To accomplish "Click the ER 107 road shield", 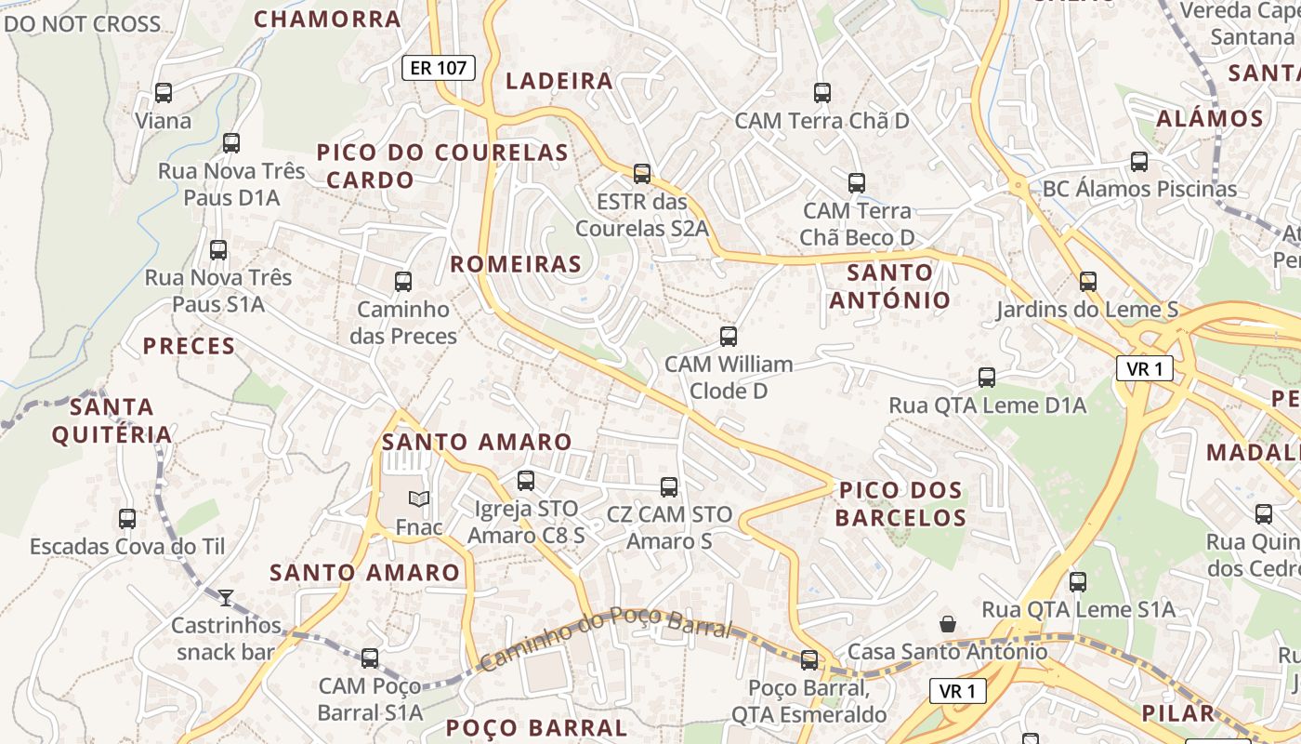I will [439, 67].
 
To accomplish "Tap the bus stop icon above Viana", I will [164, 93].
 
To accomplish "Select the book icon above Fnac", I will [419, 499].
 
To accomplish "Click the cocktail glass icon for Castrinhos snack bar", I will [226, 597].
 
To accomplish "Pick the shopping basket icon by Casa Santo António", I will [948, 623].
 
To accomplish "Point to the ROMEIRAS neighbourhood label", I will [516, 264].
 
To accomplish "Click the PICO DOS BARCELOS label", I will [900, 503].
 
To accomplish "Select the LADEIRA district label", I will [559, 81].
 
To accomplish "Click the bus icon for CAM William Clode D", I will [729, 336].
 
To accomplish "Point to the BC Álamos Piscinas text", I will [1139, 189].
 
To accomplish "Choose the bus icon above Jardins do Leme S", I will [1088, 281].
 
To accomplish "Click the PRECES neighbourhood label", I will [189, 346].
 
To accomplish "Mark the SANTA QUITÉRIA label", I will [112, 420].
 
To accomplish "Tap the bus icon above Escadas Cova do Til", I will [127, 518].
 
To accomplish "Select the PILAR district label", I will [1178, 713].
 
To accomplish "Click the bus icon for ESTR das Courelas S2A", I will [641, 173].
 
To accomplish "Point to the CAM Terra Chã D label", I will [821, 121].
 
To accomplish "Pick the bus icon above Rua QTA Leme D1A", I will [987, 377].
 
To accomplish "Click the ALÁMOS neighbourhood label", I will [1210, 119].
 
